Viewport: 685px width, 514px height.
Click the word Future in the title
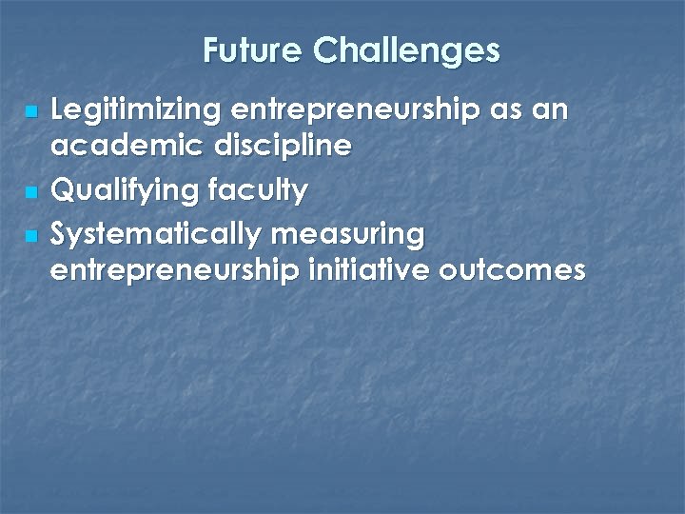(253, 49)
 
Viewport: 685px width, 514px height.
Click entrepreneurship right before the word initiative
(177, 271)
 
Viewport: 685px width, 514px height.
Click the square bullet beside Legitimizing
(32, 113)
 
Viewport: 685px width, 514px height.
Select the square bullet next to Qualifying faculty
(32, 193)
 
